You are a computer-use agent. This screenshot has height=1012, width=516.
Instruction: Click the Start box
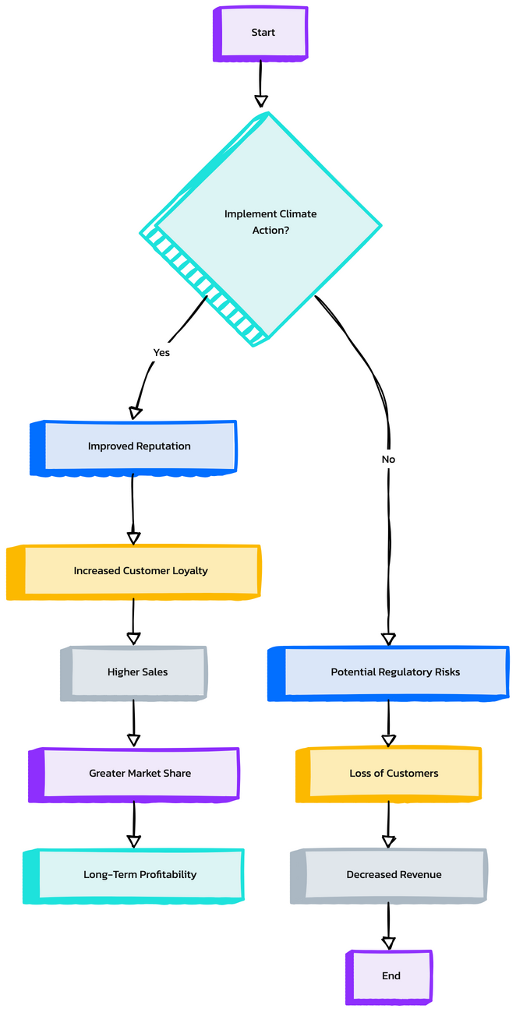(x=263, y=33)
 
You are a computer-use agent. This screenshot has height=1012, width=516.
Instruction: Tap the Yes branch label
(x=161, y=352)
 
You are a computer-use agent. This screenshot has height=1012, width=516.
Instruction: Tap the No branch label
(x=388, y=459)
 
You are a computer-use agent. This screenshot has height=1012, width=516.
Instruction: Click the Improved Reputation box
(x=139, y=446)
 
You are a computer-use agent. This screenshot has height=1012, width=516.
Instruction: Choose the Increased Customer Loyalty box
(x=140, y=571)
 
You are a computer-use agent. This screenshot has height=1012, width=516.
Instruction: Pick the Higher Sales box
(x=137, y=672)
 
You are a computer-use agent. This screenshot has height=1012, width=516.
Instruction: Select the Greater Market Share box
(x=140, y=774)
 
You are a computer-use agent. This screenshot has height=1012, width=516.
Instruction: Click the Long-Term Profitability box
(x=140, y=875)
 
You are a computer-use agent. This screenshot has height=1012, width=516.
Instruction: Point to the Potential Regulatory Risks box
(x=395, y=672)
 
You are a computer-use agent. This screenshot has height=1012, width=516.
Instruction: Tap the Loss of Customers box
(x=394, y=774)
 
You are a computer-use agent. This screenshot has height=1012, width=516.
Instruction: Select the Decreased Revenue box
(x=394, y=875)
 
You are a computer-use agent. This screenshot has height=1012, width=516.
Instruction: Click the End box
(x=391, y=976)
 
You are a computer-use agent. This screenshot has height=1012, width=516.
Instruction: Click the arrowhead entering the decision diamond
(x=261, y=100)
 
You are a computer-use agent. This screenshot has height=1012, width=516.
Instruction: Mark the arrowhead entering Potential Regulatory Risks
(x=388, y=639)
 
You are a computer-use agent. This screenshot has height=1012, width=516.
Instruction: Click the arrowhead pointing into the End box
(x=388, y=943)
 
